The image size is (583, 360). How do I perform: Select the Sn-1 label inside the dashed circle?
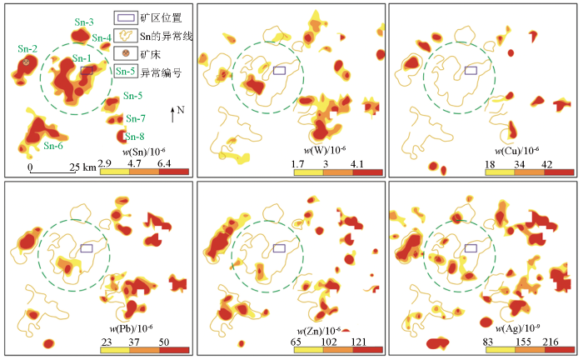(81, 58)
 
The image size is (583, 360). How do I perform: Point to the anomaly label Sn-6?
(53, 147)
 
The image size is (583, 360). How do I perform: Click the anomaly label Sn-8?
(135, 136)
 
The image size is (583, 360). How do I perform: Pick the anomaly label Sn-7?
(135, 118)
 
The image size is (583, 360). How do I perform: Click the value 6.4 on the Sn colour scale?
(163, 164)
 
